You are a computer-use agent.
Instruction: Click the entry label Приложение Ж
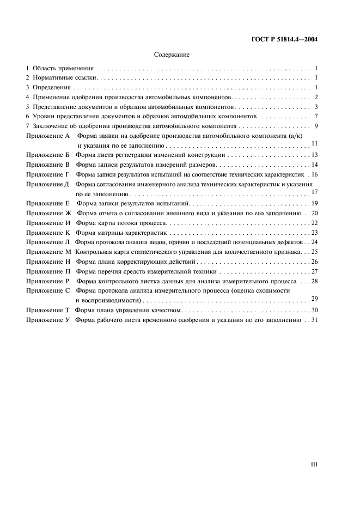(x=49, y=213)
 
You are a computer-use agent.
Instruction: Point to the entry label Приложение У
(x=49, y=320)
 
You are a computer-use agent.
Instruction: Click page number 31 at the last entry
(x=314, y=320)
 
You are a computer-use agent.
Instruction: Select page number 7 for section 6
(x=316, y=116)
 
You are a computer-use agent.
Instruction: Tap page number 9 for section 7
(x=316, y=126)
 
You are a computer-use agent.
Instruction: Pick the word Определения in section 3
(x=52, y=87)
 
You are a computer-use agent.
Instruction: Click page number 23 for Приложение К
(x=314, y=232)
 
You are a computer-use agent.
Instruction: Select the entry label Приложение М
(x=49, y=252)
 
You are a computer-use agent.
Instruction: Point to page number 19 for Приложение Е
(x=314, y=203)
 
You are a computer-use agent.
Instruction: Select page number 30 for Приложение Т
(x=314, y=310)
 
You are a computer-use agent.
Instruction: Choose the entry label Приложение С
(x=49, y=290)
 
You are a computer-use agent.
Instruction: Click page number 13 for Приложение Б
(x=314, y=155)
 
